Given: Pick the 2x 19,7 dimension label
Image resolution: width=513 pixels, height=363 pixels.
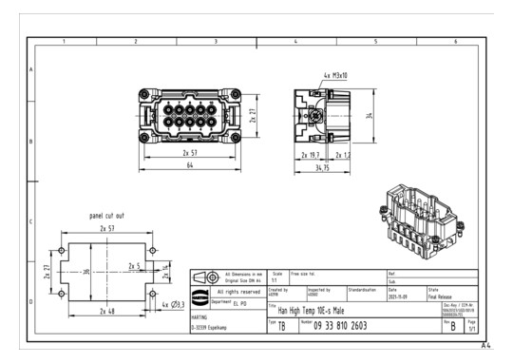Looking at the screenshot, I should pyautogui.click(x=311, y=154).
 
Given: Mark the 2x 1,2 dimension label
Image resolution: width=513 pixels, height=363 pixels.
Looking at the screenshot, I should pyautogui.click(x=341, y=154).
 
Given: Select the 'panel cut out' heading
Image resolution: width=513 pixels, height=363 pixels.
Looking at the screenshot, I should pyautogui.click(x=106, y=216).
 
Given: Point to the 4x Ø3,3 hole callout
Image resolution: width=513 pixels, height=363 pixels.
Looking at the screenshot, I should pyautogui.click(x=172, y=304).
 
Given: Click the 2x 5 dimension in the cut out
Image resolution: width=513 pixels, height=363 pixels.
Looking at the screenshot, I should pyautogui.click(x=132, y=266).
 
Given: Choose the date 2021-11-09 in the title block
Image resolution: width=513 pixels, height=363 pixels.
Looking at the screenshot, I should pyautogui.click(x=399, y=295).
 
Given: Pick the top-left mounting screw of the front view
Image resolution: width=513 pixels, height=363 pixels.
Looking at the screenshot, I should pyautogui.click(x=142, y=93).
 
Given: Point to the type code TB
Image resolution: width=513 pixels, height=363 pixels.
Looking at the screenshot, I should pyautogui.click(x=282, y=326).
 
